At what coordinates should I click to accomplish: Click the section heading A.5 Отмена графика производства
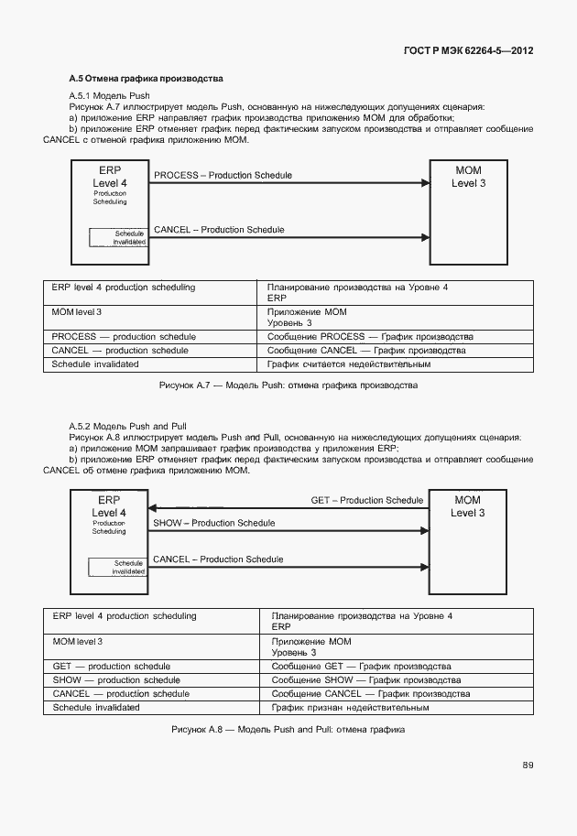tap(147, 80)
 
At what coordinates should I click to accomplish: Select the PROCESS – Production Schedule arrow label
tap(223, 175)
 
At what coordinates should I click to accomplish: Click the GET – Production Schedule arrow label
tap(367, 500)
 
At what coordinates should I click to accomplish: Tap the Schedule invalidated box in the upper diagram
tap(118, 237)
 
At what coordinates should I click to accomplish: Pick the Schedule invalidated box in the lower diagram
tap(117, 567)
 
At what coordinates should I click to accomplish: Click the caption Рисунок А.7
tap(288, 385)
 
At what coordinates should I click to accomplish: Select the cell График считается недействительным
tap(349, 364)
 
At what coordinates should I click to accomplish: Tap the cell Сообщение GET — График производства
tap(361, 667)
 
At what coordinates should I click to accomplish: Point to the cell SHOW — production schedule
tap(116, 680)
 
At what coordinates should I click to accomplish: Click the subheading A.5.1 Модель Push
tap(109, 96)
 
